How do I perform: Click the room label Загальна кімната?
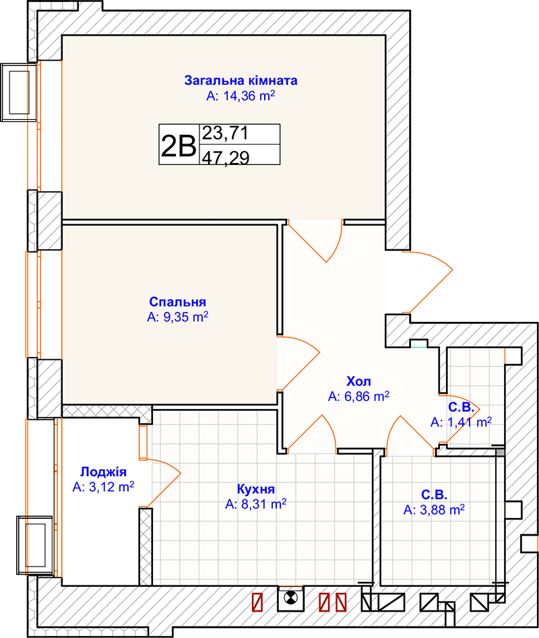pos(241,81)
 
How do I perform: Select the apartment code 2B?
pos(179,146)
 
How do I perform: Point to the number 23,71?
pos(225,133)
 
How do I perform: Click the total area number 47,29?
pos(225,158)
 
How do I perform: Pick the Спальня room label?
pos(177,302)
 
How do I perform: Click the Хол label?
pos(358,381)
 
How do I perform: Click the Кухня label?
pos(256,489)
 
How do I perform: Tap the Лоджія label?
pos(103,472)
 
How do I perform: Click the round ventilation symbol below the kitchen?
pos(290,598)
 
